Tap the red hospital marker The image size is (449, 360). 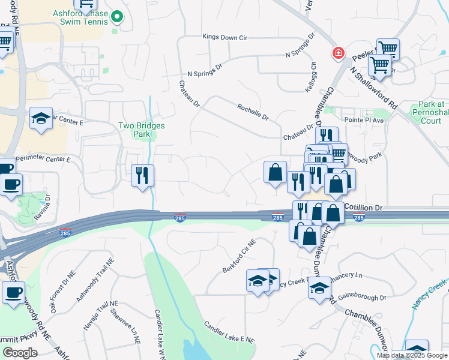339,53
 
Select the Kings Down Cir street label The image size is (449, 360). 225,37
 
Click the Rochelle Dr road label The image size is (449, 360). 253,110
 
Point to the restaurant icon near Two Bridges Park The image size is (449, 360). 143,175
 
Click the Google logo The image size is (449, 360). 20,353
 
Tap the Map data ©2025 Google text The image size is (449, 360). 412,355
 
